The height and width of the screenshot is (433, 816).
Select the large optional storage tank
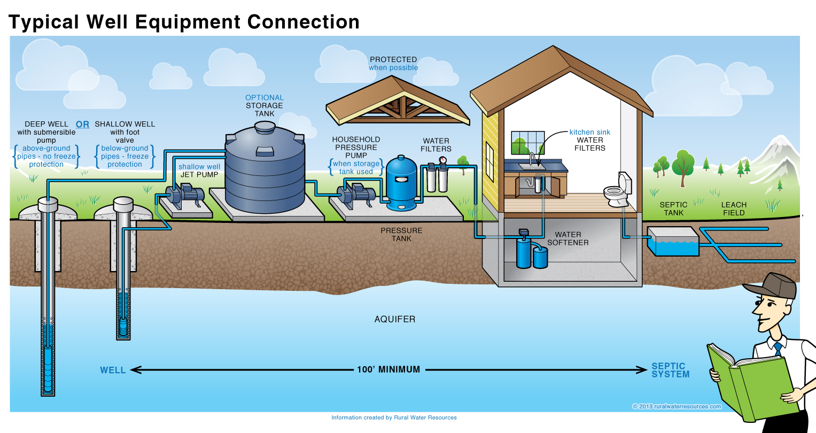coord(265,171)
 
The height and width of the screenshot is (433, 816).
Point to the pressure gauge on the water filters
coord(442,160)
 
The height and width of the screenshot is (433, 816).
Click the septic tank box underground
coord(673,242)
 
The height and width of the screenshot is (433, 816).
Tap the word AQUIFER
coord(394,319)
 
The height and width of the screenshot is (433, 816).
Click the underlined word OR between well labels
coord(82,124)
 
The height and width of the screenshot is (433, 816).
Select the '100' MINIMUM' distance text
coord(388,369)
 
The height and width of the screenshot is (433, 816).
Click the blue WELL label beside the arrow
coord(113,370)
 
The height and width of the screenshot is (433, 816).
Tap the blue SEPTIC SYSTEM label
coord(670,370)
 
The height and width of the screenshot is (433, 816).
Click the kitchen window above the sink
coord(527,142)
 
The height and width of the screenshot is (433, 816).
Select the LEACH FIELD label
coord(734,208)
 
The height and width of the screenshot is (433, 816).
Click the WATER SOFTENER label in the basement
coord(568,238)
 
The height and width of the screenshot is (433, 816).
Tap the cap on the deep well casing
coord(48,203)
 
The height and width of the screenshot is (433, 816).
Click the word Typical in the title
coord(43,22)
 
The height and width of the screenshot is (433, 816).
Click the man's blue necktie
coord(778,349)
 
